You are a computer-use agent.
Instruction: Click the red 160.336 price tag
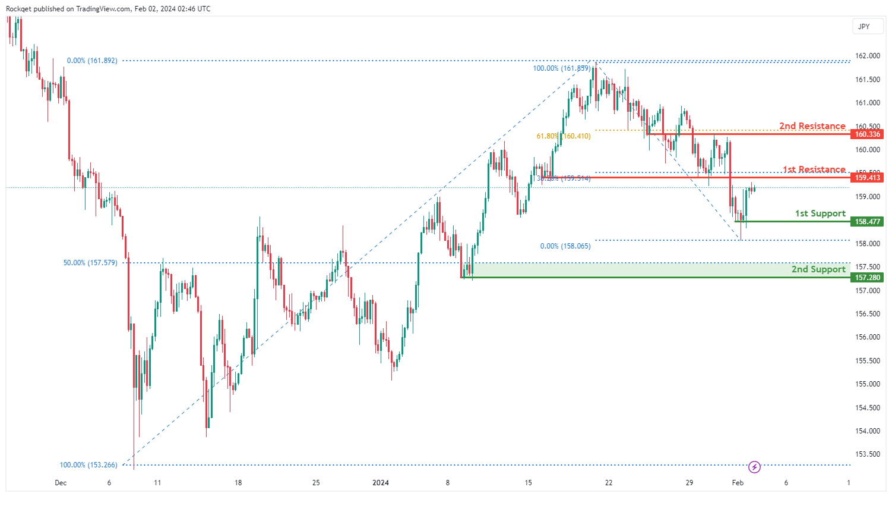point(867,134)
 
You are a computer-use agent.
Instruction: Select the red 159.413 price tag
point(867,178)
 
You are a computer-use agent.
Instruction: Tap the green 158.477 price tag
point(867,222)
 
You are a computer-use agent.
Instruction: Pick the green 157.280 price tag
point(867,278)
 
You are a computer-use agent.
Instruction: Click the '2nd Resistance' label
point(812,126)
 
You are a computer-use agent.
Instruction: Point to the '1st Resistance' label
point(814,169)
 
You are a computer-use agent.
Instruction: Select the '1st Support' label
point(820,213)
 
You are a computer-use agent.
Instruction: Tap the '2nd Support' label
point(818,269)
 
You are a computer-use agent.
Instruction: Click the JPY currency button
point(864,26)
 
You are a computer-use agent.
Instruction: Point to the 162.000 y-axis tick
point(867,56)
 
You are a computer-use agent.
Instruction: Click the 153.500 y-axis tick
point(867,454)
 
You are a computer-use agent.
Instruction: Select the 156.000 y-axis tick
point(867,337)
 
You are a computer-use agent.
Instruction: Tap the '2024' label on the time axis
point(381,483)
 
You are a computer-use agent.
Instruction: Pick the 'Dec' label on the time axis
point(61,483)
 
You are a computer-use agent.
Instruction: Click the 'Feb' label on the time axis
point(738,483)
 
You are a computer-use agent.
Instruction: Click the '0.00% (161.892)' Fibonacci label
point(92,61)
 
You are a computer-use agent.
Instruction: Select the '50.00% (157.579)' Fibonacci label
point(90,263)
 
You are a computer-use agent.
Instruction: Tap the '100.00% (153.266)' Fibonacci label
point(88,465)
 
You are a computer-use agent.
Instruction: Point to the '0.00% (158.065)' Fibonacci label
point(565,246)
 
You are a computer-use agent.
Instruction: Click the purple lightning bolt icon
point(754,467)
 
